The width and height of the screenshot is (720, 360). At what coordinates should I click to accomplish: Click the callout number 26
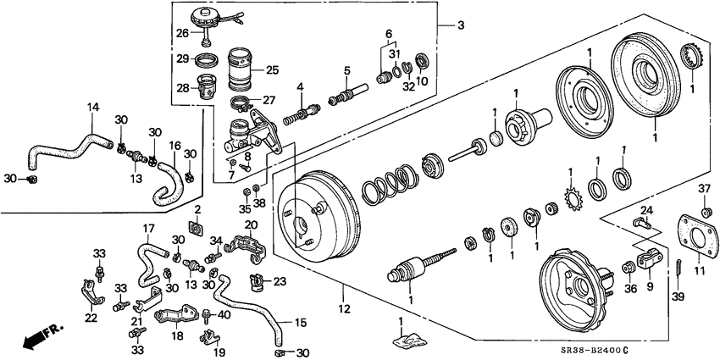coord(181,34)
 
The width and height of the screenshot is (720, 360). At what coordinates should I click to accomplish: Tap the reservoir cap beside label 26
coord(208,18)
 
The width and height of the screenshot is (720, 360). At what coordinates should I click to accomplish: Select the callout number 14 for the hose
coord(93,107)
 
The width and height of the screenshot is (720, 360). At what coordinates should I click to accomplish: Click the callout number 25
coord(273,69)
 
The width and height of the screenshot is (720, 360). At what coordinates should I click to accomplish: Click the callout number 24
coord(645,210)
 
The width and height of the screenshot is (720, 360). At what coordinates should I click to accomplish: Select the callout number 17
coord(147,228)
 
